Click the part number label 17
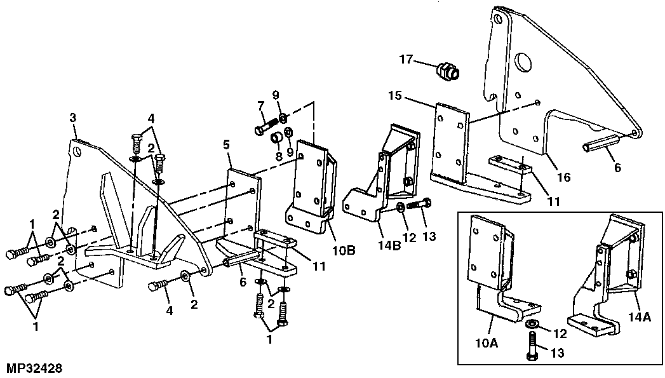coord(406,60)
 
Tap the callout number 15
coord(394,97)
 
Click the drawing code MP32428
coord(34,367)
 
